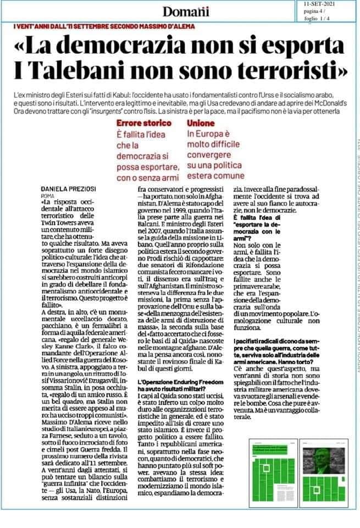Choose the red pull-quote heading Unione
pyautogui.click(x=201, y=124)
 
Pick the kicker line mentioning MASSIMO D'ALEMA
pyautogui.click(x=105, y=26)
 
